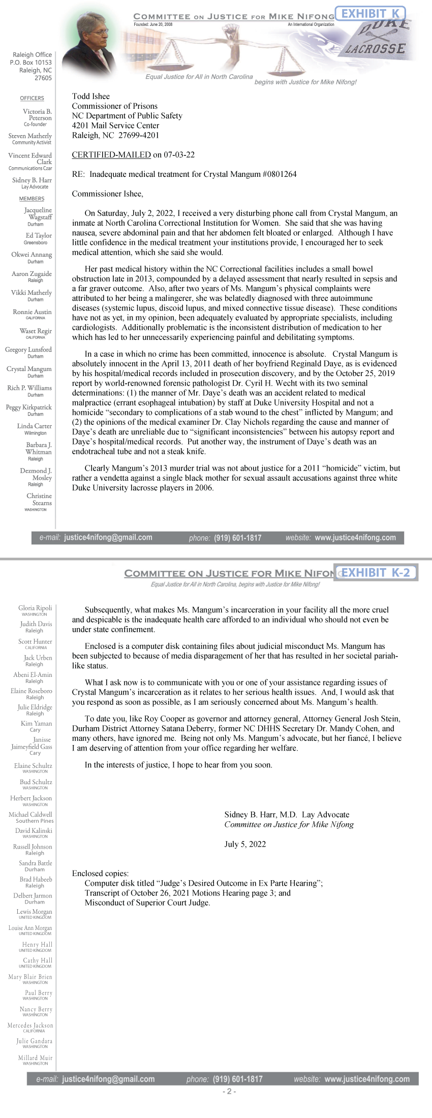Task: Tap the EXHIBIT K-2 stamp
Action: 376,573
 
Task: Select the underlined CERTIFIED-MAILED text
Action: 111,154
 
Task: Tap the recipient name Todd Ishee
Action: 90,96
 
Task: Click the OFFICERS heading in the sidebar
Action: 32,98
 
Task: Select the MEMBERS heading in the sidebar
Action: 32,199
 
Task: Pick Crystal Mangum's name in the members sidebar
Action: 29,369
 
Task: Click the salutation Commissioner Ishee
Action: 107,194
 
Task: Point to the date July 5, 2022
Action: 245,844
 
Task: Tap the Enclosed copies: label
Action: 100,874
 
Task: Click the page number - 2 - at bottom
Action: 229,1091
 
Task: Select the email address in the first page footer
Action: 108,537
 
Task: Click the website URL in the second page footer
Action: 366,1079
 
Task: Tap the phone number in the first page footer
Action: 237,538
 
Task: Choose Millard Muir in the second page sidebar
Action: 35,1058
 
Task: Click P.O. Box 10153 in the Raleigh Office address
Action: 30,63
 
